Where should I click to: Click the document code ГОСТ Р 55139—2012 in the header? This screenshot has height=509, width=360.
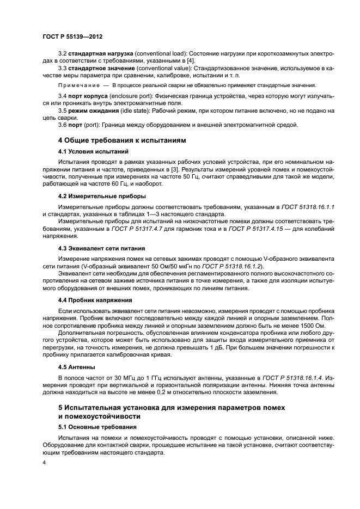pyautogui.click(x=72, y=36)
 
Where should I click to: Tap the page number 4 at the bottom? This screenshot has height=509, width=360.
pyautogui.click(x=45, y=462)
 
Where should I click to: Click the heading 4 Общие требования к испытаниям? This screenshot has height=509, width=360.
pyautogui.click(x=122, y=140)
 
